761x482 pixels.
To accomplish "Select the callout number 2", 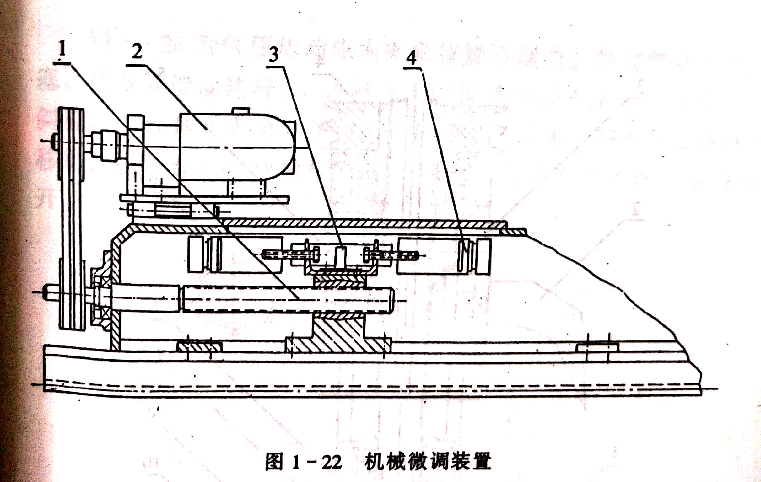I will [137, 51].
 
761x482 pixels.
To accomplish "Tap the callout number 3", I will [274, 54].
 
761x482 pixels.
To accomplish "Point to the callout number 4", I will [411, 58].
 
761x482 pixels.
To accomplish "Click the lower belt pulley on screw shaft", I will [73, 294].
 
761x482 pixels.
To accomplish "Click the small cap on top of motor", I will [241, 111].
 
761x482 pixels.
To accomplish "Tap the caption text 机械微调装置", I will [428, 462].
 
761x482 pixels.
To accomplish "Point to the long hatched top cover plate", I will [364, 223].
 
